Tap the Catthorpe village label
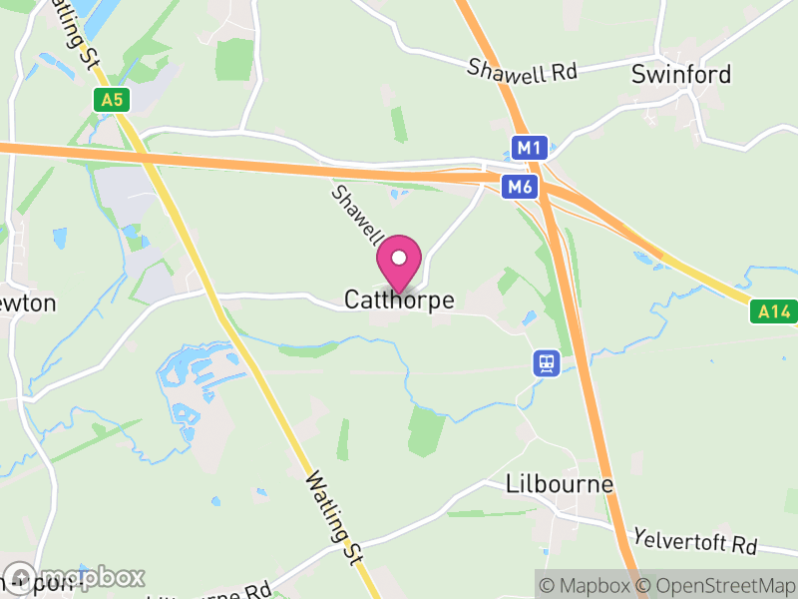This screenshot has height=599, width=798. pos(399,299)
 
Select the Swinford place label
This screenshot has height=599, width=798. pos(681,75)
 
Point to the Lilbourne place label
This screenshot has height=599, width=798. pos(560,484)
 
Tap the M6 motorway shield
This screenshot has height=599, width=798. pos(519,186)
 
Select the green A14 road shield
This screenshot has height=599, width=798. pos(773,312)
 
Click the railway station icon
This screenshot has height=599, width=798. pos(546,363)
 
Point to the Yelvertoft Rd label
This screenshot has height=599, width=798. pos(695,541)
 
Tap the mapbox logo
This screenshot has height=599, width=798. pos(75,577)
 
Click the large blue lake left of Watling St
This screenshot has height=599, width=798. pos(199,374)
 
